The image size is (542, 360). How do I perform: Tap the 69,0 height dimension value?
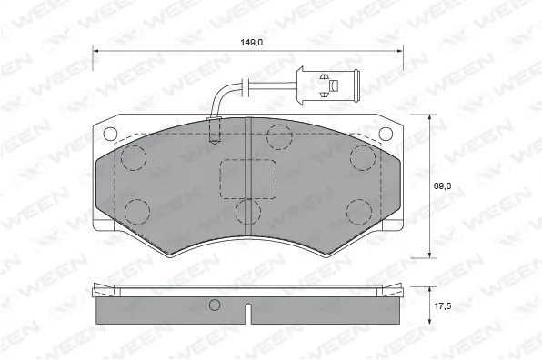442,185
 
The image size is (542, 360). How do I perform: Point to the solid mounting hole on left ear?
111,134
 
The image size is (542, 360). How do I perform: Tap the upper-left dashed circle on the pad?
135,157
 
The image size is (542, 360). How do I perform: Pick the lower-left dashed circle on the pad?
137,211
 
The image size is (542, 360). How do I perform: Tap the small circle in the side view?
216,305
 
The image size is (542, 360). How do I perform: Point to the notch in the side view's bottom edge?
248,317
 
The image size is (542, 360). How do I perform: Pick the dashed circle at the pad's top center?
279,137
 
